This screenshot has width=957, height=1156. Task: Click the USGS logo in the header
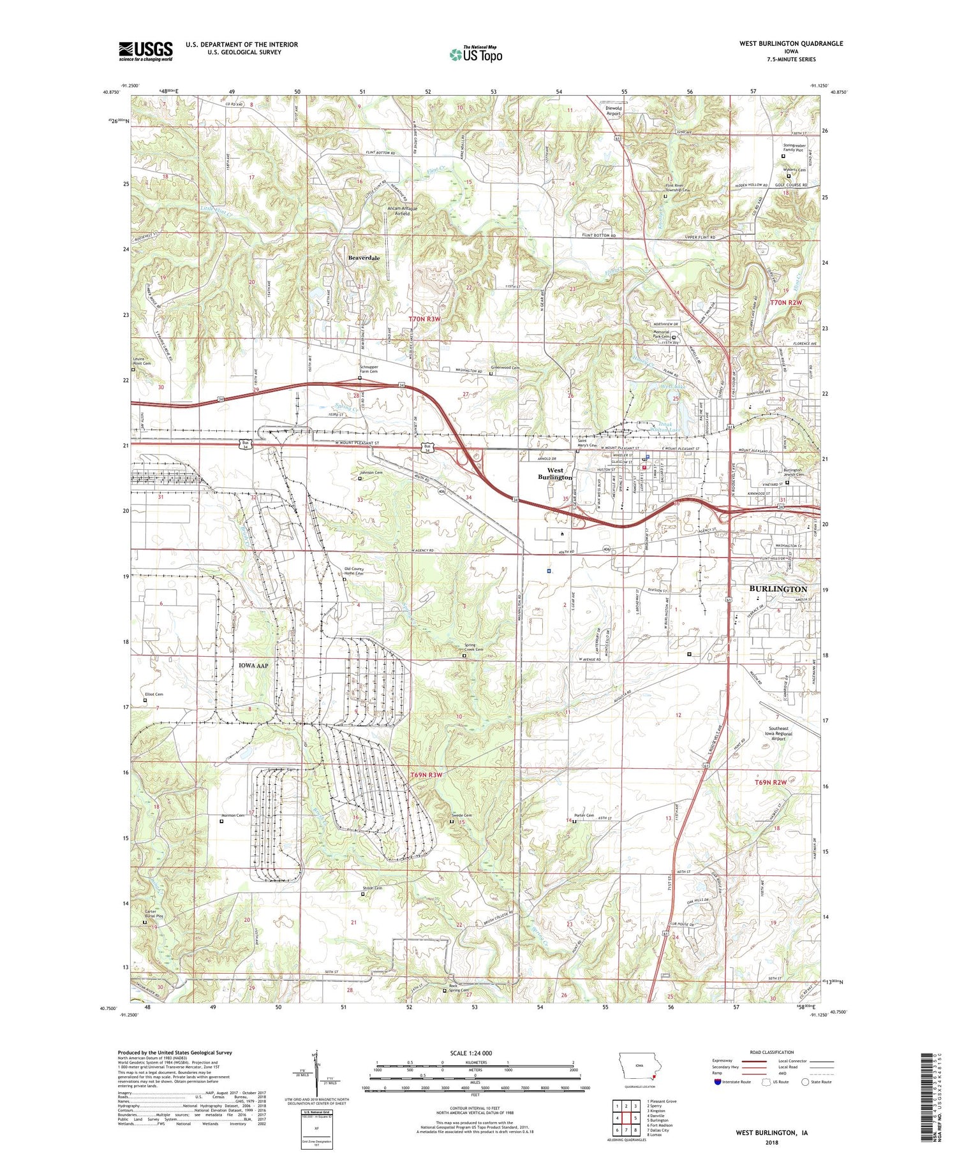pyautogui.click(x=145, y=51)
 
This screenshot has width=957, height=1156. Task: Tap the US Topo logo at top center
pyautogui.click(x=475, y=55)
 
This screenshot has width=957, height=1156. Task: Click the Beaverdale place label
pyautogui.click(x=364, y=258)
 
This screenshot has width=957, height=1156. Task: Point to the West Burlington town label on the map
pyautogui.click(x=554, y=474)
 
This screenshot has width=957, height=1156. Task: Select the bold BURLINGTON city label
pyautogui.click(x=778, y=589)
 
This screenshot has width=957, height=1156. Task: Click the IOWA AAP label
pyautogui.click(x=253, y=665)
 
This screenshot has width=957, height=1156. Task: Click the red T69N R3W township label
pyautogui.click(x=426, y=775)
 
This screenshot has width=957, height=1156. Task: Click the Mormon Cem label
pyautogui.click(x=232, y=816)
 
